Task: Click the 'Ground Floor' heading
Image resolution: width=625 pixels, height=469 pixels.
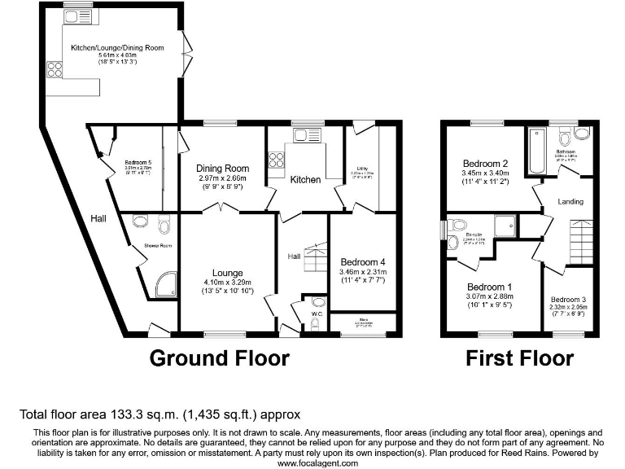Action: click(219, 357)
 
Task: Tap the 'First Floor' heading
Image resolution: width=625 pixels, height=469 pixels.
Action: click(519, 357)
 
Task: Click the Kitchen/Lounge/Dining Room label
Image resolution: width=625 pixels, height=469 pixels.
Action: click(117, 48)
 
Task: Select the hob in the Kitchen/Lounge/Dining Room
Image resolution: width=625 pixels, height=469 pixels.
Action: click(56, 69)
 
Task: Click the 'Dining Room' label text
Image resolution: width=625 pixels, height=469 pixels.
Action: click(222, 169)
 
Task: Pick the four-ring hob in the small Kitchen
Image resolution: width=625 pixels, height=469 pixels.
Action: click(277, 160)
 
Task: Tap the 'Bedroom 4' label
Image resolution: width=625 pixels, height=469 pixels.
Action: click(364, 261)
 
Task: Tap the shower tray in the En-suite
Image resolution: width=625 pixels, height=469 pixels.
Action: click(505, 226)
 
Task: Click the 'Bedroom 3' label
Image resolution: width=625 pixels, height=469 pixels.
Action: click(568, 298)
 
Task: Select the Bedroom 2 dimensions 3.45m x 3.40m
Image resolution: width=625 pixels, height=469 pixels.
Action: click(485, 173)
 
